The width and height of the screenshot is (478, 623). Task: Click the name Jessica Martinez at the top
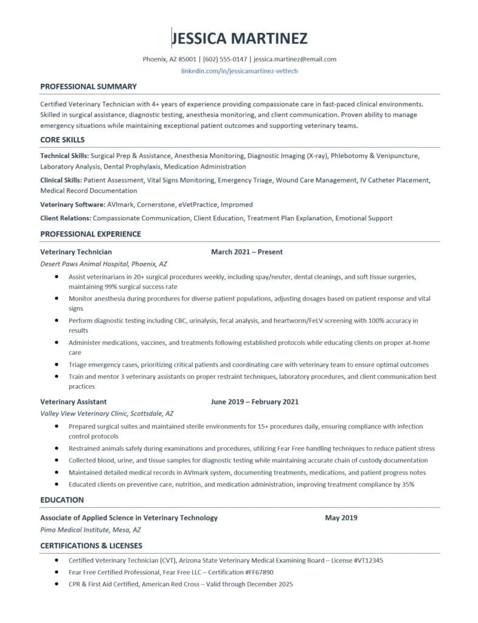pos(240,39)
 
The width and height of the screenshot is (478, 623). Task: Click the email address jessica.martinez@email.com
pos(295,59)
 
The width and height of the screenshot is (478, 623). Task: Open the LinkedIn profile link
pos(240,71)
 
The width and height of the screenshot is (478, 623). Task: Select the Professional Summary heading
pos(88,86)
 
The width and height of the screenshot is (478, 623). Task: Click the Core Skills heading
pos(62,140)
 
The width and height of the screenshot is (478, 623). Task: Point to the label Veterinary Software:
pos(72,204)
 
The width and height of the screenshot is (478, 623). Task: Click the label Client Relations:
pos(66,218)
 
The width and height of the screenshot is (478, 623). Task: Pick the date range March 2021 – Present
pos(246,251)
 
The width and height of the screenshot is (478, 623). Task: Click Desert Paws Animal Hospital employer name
pos(103,264)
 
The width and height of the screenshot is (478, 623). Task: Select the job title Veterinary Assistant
pos(73,402)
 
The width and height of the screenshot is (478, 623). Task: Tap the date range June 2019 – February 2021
pos(254,402)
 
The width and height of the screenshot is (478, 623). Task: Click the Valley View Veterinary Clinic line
pos(106,412)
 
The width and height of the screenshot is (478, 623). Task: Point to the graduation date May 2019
pos(341,518)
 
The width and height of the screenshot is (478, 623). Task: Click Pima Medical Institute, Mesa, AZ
pos(91,529)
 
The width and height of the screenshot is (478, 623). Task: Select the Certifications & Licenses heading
pos(91,546)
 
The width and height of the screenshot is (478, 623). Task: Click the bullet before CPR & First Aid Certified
pos(57,584)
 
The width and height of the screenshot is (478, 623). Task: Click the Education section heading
pos(62,500)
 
